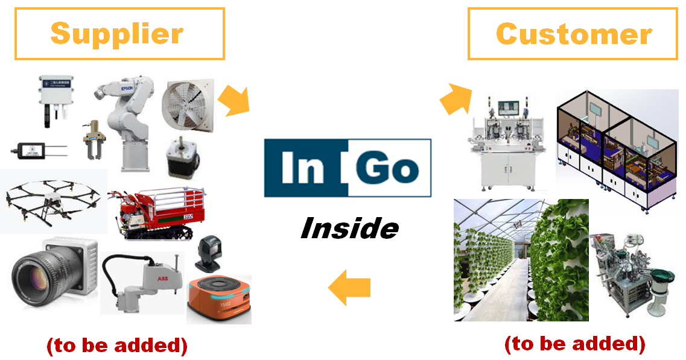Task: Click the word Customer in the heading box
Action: pos(573,34)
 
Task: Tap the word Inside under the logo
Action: pos(349,229)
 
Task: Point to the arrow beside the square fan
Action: pos(233,100)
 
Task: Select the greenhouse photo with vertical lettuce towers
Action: pos(520,259)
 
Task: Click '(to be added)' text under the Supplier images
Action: pos(117,346)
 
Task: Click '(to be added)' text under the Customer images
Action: pos(574,344)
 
